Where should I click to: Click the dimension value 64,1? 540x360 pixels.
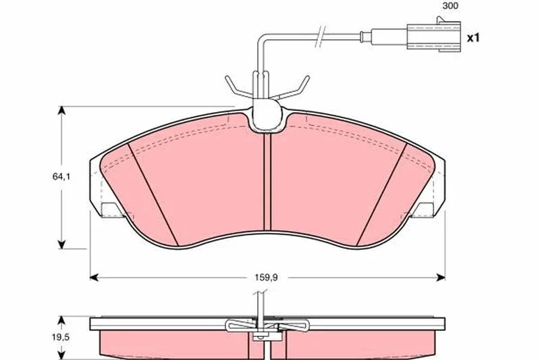[61, 177]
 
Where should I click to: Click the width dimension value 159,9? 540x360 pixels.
[266, 277]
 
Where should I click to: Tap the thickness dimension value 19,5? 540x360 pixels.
[61, 337]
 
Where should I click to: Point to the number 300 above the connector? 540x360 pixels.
[450, 6]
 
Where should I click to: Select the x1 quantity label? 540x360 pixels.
[473, 38]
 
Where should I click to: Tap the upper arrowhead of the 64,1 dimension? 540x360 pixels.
[61, 111]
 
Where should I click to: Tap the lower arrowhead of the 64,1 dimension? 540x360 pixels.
[61, 245]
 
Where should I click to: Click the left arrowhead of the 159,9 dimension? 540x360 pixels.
[94, 278]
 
